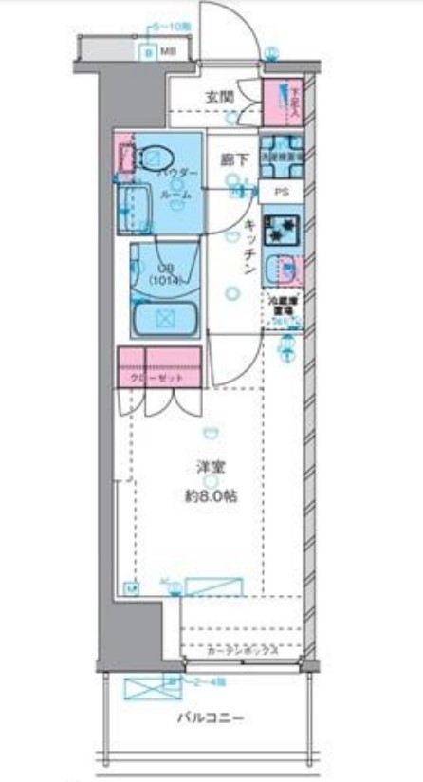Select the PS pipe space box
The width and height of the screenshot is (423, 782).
coord(282,192)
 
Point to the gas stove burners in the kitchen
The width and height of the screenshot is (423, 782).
coord(281,229)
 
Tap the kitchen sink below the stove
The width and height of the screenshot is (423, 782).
coord(283,270)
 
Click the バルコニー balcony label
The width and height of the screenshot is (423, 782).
coord(211,717)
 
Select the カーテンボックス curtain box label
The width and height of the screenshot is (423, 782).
coord(243,650)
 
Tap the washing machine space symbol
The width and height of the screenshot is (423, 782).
coord(282,158)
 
